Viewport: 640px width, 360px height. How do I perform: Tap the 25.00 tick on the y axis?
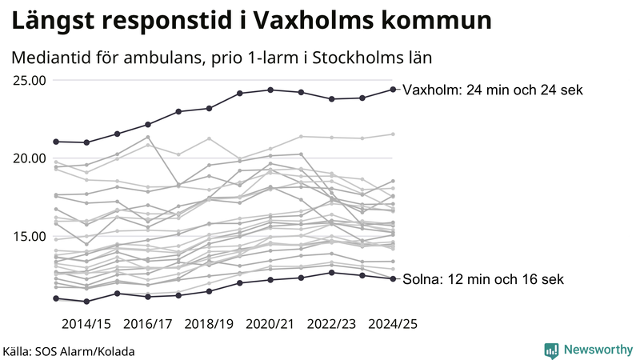(29, 80)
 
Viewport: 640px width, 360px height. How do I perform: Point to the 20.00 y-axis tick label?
(29, 158)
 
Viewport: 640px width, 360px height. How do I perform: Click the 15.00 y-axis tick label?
(29, 236)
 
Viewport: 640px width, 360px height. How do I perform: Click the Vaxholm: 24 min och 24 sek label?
(492, 90)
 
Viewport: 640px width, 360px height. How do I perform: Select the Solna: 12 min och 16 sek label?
(483, 279)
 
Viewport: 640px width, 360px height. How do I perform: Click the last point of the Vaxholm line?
(393, 90)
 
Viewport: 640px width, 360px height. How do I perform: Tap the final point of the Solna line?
(393, 278)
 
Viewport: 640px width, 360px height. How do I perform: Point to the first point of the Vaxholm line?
(56, 142)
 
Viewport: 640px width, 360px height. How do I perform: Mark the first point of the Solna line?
(56, 298)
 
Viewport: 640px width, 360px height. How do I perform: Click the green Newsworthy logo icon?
(551, 350)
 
